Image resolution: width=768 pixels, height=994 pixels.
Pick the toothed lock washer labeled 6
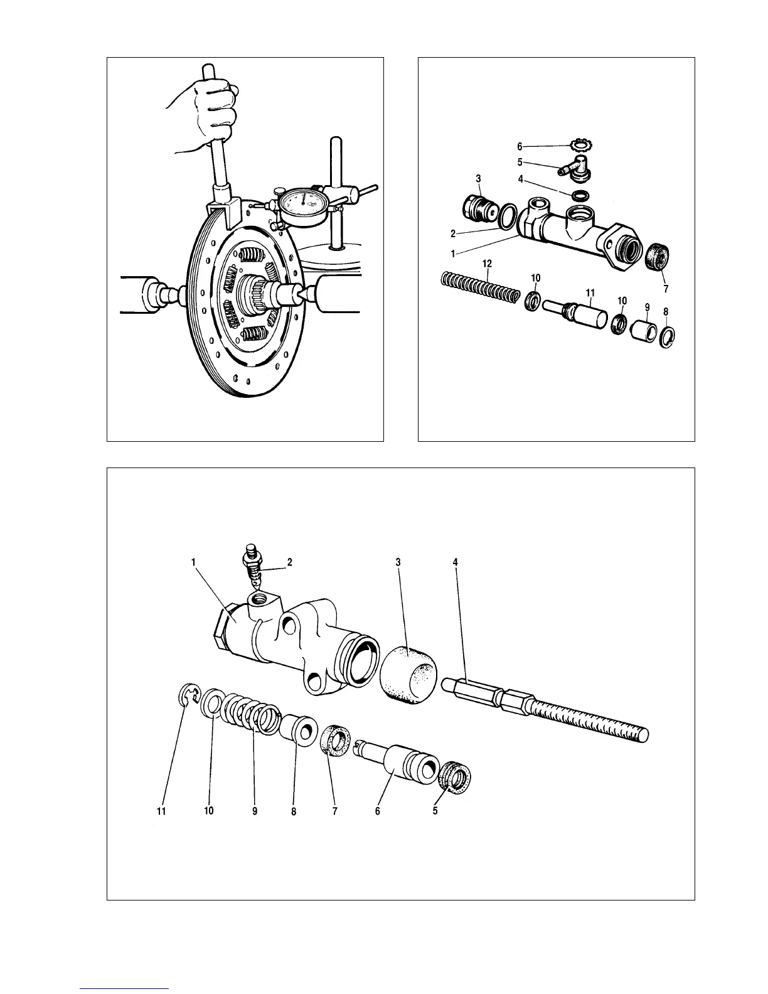click(x=582, y=146)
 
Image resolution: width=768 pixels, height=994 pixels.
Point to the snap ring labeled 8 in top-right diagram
click(x=667, y=336)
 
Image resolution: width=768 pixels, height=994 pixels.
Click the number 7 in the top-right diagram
click(x=666, y=289)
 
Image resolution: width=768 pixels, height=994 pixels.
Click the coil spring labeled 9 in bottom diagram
click(x=251, y=712)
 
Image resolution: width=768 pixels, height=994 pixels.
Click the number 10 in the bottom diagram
click(x=208, y=811)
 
